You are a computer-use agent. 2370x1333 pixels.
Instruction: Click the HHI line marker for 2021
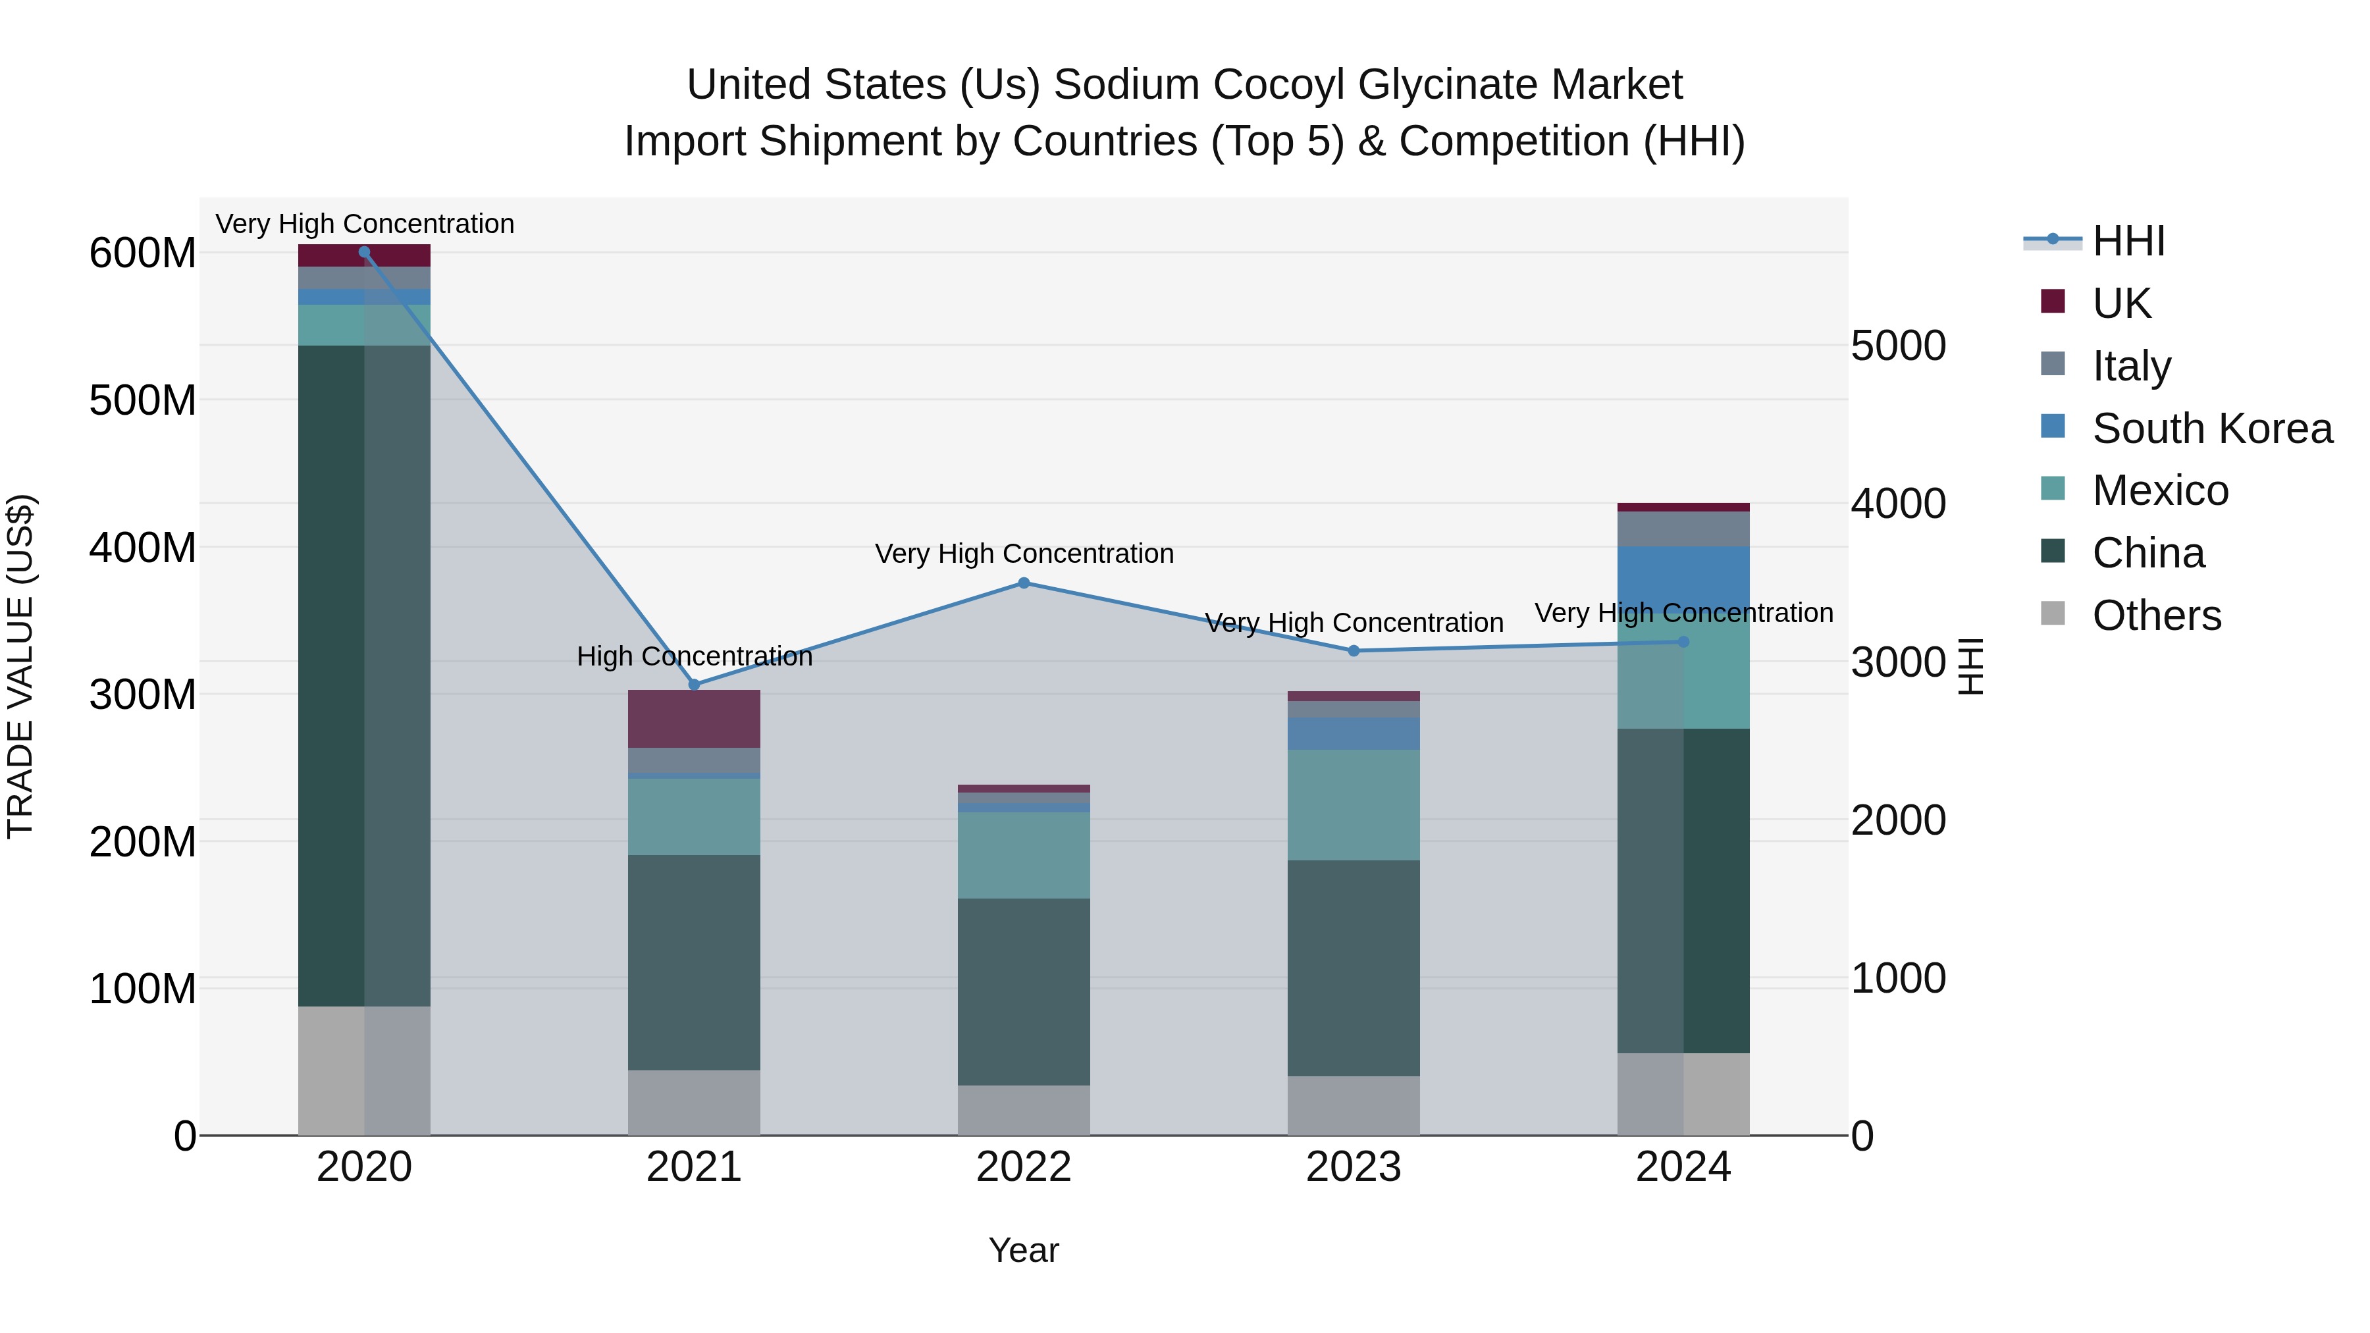coord(695,685)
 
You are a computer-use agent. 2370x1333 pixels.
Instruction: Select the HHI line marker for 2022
coord(1024,583)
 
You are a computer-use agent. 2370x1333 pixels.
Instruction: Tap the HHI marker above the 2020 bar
coord(364,251)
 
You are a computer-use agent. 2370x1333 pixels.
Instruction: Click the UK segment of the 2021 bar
coord(695,718)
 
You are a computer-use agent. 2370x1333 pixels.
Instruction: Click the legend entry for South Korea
coord(2212,429)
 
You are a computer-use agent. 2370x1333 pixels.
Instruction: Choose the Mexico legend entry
coord(2159,490)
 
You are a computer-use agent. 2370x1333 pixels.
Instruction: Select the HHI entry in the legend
coord(2128,241)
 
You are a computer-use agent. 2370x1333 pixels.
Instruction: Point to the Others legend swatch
coord(2053,614)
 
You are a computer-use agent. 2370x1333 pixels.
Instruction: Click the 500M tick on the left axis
coord(143,400)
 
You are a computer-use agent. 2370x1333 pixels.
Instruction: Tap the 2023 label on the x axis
coord(1354,1167)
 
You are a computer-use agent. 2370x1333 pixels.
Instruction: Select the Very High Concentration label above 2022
coord(1024,554)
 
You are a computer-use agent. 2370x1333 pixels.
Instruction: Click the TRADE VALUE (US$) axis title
coord(20,666)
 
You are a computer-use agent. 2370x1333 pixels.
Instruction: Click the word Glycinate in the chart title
coord(1447,85)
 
